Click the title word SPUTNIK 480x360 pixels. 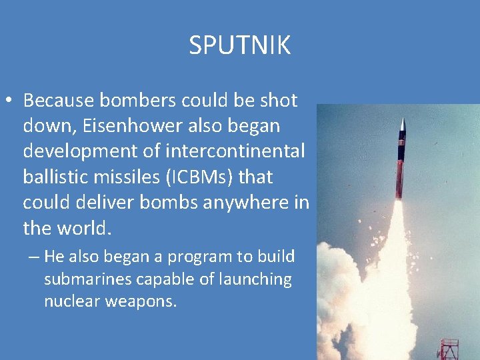239,46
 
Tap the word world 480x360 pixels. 85,229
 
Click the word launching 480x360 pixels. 256,279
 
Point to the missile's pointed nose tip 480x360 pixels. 403,121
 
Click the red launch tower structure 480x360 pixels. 449,348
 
